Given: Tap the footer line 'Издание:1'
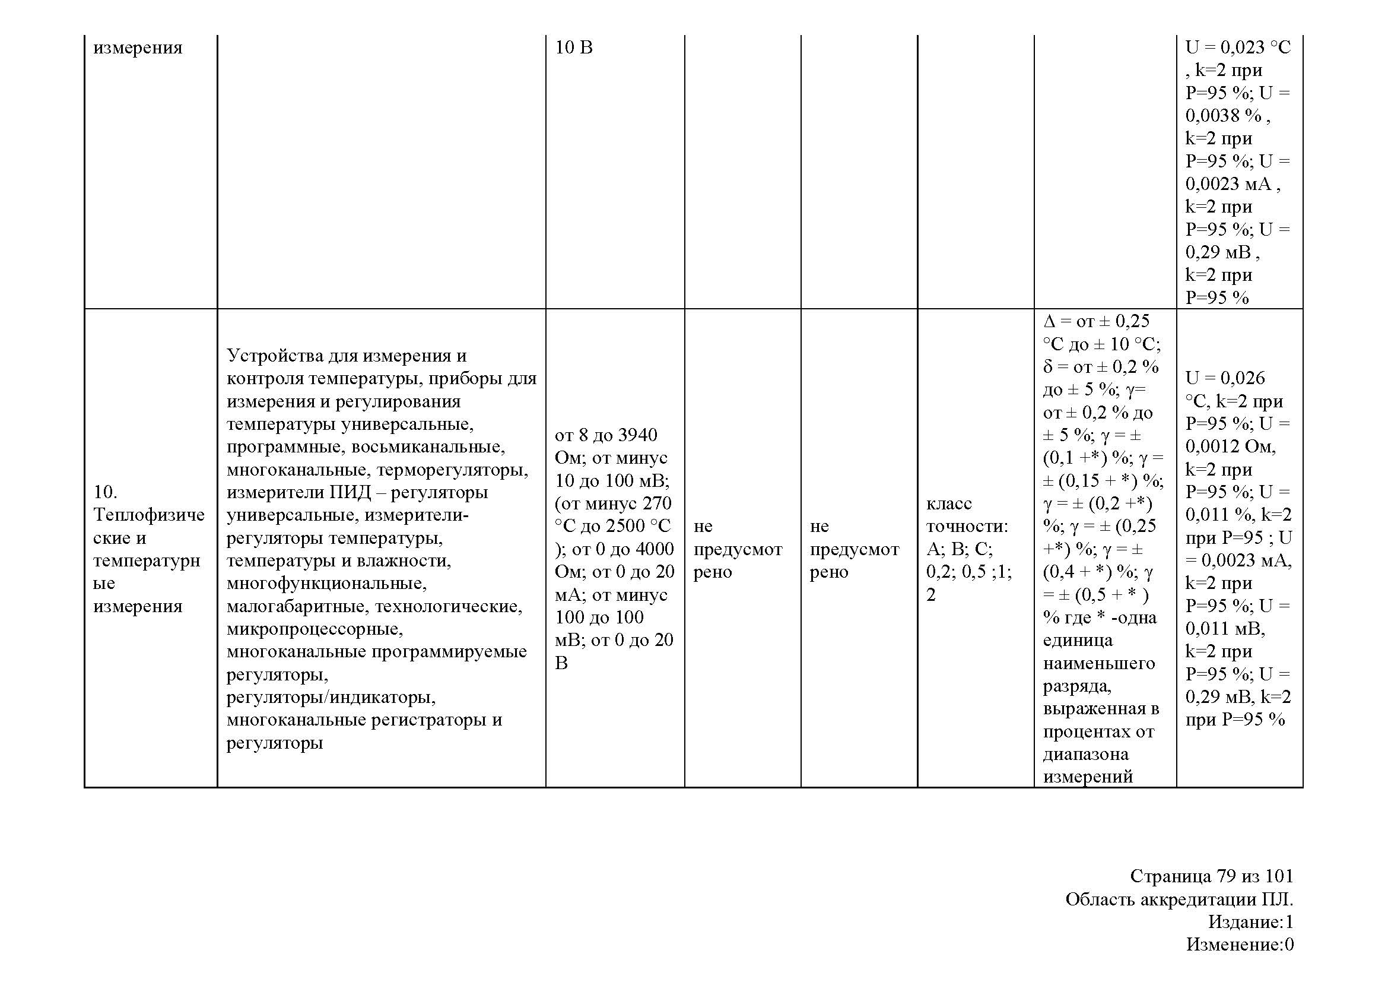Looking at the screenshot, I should [1250, 921].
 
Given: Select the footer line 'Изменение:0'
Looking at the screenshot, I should [1239, 944].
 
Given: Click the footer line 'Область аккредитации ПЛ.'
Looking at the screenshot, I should [1179, 899].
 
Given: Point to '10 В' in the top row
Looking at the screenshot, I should [574, 47].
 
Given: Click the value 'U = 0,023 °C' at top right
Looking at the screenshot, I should [1237, 47].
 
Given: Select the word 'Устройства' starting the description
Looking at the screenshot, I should [275, 356].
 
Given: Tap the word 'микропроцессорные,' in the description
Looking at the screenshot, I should [315, 629].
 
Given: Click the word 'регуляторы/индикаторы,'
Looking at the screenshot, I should [331, 697].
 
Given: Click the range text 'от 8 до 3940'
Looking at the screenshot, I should [606, 435].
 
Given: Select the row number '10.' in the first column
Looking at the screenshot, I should [105, 492].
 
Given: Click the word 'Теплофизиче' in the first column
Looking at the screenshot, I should [149, 515].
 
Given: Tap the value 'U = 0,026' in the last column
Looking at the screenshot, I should [1225, 378].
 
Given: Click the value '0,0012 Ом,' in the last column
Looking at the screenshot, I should [1230, 446].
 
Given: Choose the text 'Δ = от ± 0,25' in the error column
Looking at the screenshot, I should [1096, 321].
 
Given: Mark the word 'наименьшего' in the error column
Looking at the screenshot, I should [1098, 663].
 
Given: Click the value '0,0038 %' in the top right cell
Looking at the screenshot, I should [1223, 116].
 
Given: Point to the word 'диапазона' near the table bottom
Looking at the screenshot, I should [1086, 755].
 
